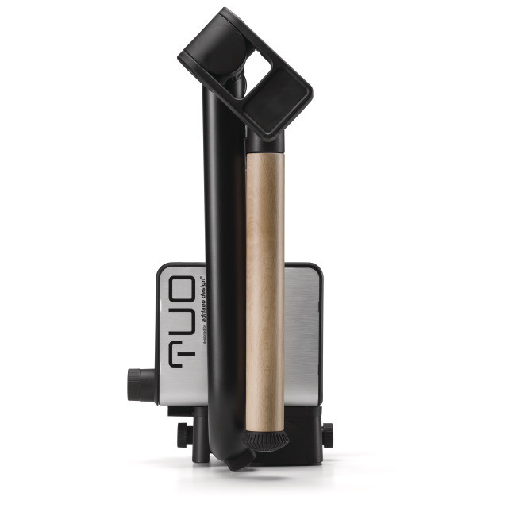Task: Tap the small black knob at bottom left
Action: pyautogui.click(x=182, y=433)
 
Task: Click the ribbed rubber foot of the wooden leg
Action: pyautogui.click(x=264, y=439)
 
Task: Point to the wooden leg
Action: pyautogui.click(x=264, y=286)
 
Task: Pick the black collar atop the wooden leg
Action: pyautogui.click(x=264, y=141)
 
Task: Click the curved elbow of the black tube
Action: pyautogui.click(x=223, y=444)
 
